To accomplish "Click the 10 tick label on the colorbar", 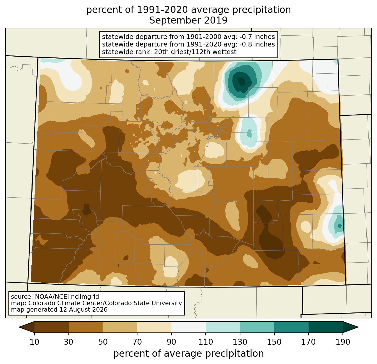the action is click(34, 342).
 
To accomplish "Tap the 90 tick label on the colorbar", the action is click(171, 342).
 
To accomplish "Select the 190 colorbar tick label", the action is click(343, 342).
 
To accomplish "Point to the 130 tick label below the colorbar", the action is click(240, 342).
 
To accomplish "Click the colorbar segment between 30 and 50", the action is click(86, 327).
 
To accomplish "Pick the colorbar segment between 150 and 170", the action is click(291, 327).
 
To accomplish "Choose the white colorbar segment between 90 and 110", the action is click(188, 327).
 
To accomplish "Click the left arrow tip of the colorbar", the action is click(19, 327).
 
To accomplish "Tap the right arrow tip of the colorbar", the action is click(358, 327).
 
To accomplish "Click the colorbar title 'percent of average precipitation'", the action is click(188, 354).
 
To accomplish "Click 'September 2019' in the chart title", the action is click(188, 20).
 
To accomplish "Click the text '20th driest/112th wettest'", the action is click(195, 52).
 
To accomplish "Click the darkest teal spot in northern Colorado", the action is click(242, 81).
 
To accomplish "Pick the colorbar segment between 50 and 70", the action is click(120, 327).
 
